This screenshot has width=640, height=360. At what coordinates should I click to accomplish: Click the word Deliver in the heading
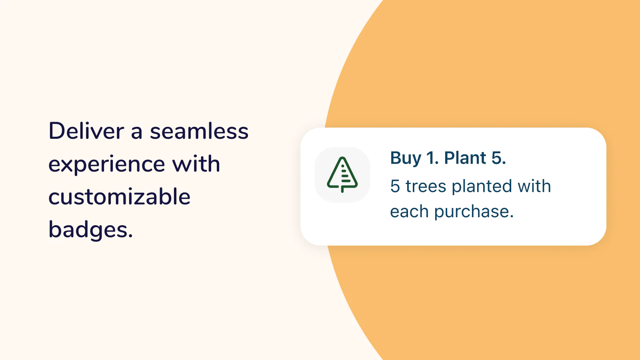coord(86,131)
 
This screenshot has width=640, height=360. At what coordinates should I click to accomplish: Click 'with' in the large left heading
coord(196,164)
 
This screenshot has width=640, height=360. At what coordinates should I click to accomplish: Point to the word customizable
coord(120,196)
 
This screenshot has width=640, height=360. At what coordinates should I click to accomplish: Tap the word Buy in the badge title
coord(406,158)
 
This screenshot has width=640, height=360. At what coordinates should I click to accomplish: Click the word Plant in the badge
coord(465,158)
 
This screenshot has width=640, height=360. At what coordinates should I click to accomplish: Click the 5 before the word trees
coord(395,186)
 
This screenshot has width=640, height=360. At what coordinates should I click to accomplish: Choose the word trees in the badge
coord(426,186)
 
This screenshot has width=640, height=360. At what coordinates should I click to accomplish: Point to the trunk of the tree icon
coord(342,189)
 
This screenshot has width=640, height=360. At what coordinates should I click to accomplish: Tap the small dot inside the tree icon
coord(342,166)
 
